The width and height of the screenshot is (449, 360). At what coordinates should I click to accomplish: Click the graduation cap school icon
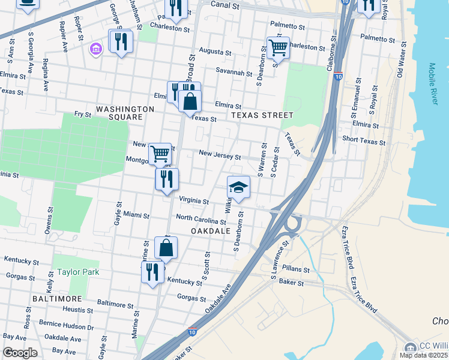tap(238, 187)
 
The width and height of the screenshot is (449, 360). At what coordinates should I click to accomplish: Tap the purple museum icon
tap(95, 48)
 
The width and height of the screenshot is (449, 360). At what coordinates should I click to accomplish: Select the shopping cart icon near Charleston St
tap(278, 47)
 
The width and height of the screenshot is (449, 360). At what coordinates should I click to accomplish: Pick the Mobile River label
tap(433, 84)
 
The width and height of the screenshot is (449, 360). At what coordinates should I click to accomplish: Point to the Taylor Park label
tap(78, 272)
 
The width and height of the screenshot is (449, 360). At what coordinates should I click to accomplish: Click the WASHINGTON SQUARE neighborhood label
tap(125, 113)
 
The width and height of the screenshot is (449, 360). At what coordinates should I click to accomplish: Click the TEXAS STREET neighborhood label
tap(262, 115)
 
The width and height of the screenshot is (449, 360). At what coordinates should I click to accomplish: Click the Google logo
tap(20, 353)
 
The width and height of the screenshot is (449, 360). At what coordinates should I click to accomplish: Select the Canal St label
tap(221, 5)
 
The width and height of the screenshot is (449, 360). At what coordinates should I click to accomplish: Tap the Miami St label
tap(137, 215)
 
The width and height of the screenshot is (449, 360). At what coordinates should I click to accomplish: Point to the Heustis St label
tap(77, 310)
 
